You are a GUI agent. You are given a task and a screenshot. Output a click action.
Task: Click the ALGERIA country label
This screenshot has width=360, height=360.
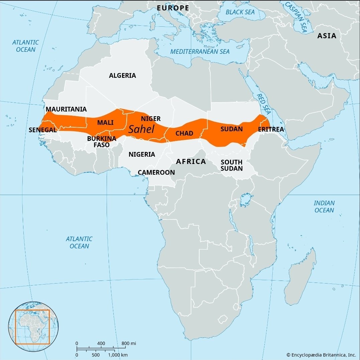coord(122,75)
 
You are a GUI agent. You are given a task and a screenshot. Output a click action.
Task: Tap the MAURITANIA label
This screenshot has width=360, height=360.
coord(66,109)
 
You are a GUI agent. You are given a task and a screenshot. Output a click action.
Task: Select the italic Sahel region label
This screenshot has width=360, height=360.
coord(141,129)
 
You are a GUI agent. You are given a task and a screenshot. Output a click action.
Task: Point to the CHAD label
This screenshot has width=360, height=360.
coord(184,134)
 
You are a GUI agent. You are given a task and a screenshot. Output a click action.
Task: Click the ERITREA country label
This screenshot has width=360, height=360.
coord(271,129)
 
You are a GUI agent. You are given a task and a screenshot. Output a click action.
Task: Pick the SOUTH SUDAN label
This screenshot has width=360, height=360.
coord(231,165)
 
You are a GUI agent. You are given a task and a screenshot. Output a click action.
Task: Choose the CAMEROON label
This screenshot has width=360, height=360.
coord(156,172)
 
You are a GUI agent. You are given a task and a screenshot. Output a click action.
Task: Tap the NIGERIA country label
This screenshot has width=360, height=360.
coord(142,154)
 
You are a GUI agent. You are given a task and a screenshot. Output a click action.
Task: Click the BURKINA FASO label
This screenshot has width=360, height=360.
coord(102,142)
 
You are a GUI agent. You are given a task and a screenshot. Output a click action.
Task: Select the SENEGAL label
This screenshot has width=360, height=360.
coord(42,130)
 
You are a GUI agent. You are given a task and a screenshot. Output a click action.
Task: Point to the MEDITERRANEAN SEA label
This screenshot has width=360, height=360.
coord(200,51)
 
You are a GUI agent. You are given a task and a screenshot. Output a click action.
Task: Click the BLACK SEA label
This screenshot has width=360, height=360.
coord(240,12)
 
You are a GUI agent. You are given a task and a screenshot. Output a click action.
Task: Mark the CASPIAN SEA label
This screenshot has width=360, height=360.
coord(296,17)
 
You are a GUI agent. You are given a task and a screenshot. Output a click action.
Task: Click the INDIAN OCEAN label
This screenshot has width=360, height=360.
coord(324,207)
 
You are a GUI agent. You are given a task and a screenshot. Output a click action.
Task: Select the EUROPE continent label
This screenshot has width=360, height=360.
coord(173,8)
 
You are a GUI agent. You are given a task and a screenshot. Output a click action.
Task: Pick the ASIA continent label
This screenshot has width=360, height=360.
coord(327,36)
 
